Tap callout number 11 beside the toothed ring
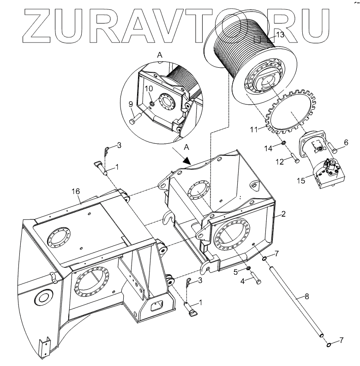point(253,130)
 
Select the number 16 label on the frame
point(76,191)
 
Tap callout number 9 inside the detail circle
point(131,104)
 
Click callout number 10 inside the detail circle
point(150,88)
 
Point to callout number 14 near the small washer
point(281,148)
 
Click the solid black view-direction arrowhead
point(186,160)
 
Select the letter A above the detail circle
point(160,54)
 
